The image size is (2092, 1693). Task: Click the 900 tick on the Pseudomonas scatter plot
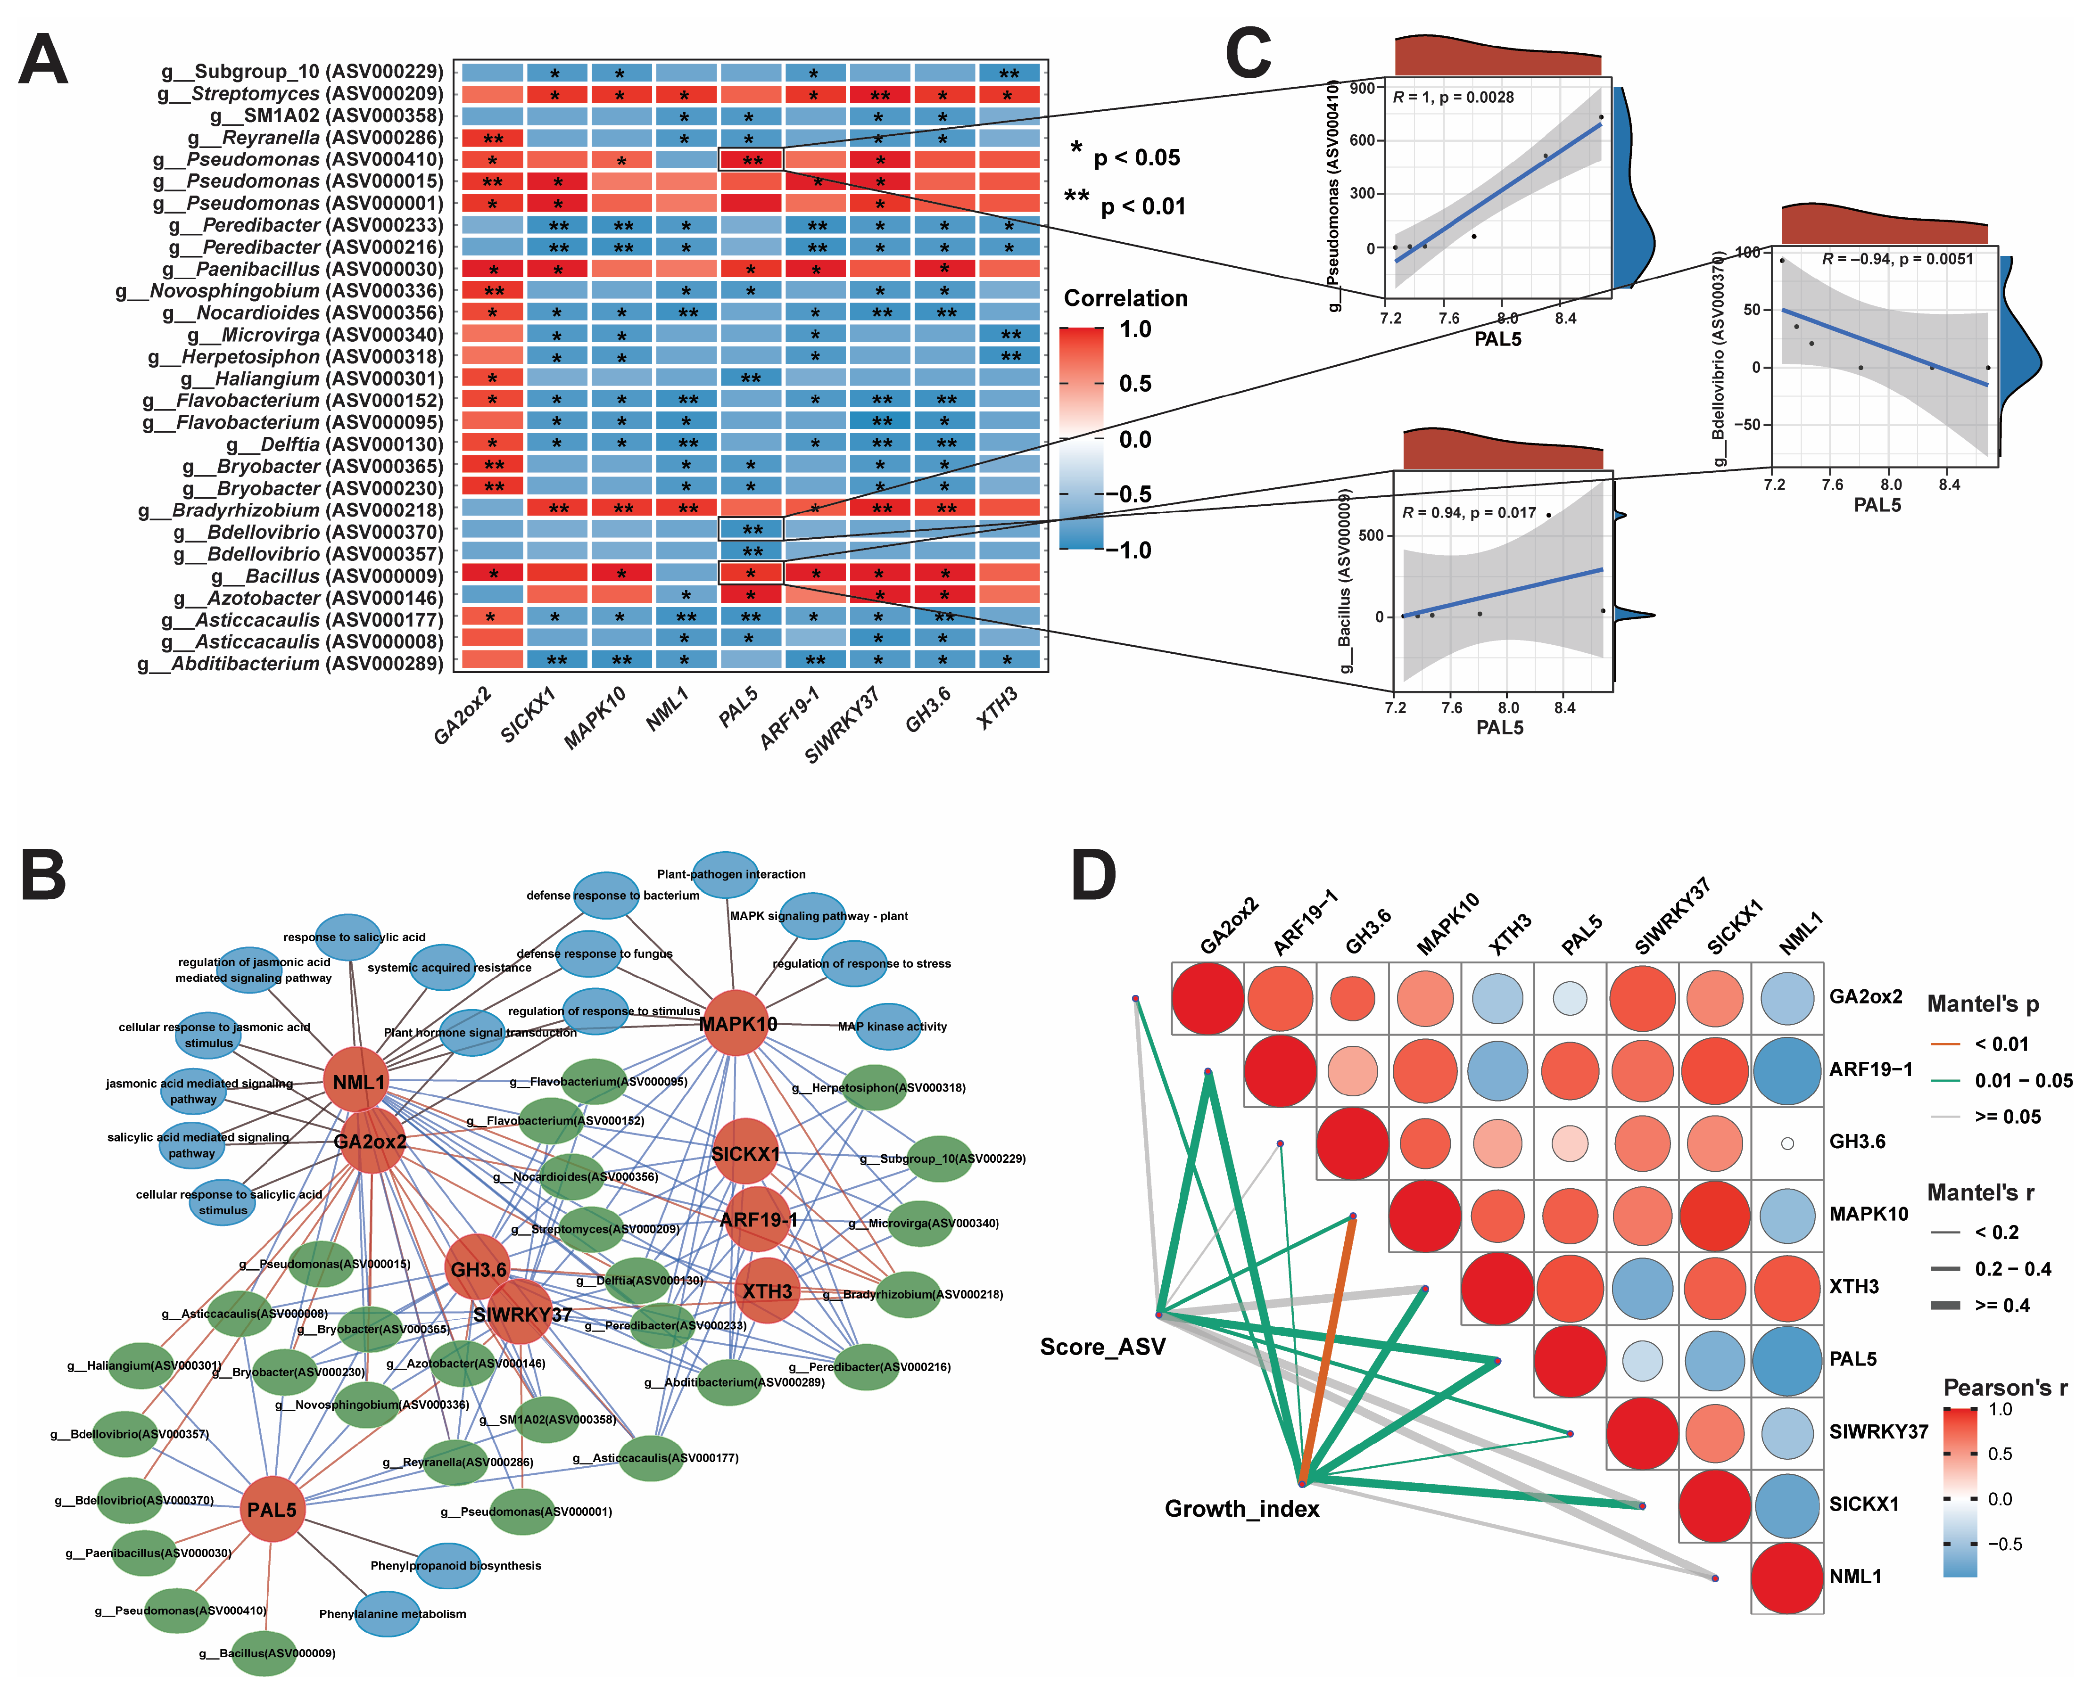coord(1363,88)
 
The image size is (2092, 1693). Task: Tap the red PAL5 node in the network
coord(272,1510)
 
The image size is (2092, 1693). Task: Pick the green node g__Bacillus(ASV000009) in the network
coord(265,1653)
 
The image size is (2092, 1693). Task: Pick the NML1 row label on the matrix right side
coord(1855,1576)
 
